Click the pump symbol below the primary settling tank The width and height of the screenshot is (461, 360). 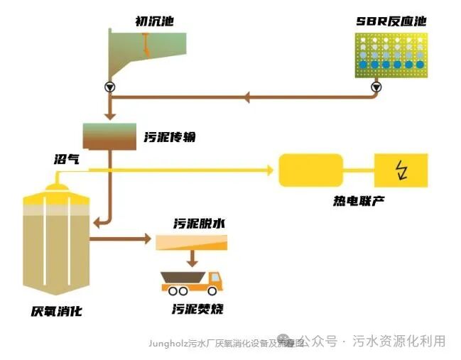[x=109, y=87]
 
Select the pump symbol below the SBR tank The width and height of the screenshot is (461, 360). [x=376, y=87]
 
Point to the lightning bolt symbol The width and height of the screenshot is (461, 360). [x=401, y=170]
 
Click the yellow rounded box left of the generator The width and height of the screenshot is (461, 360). [x=310, y=170]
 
